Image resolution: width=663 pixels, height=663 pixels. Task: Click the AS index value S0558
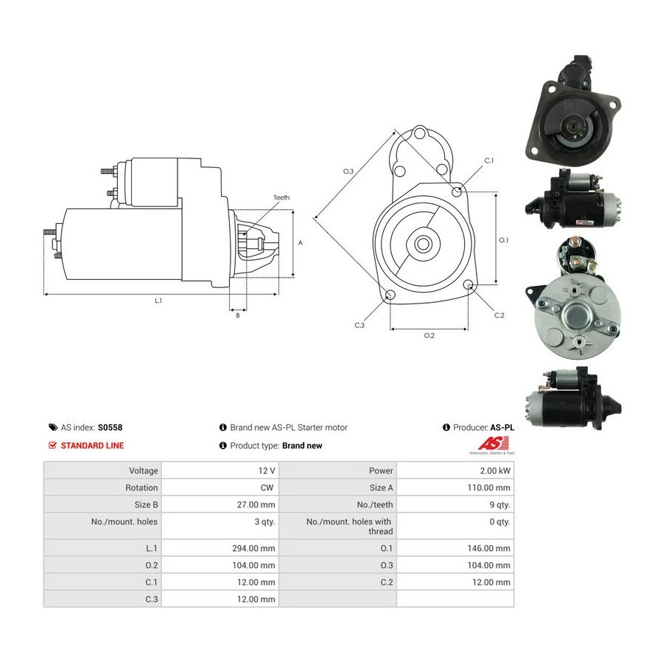(110, 427)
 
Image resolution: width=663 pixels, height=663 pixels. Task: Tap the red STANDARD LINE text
(92, 446)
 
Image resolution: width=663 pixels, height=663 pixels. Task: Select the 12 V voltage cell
(267, 471)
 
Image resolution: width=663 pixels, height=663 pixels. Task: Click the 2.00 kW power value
(495, 471)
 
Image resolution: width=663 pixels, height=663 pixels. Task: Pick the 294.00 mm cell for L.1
(253, 548)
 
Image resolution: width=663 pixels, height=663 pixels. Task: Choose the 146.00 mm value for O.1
(489, 548)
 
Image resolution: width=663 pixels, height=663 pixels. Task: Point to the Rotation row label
(141, 488)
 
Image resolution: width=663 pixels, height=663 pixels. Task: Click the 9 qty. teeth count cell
(499, 505)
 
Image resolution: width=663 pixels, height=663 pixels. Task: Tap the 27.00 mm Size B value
(256, 505)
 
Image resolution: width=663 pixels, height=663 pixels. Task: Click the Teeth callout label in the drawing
(281, 197)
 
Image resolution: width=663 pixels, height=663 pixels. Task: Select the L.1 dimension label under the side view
(158, 301)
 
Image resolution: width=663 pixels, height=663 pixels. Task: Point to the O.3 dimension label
(348, 171)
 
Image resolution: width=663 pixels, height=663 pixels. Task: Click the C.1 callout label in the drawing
(489, 161)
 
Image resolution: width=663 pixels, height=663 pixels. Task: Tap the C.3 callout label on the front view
(359, 325)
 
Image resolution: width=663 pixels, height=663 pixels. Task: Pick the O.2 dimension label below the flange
(429, 335)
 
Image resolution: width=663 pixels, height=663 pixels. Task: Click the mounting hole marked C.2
(468, 284)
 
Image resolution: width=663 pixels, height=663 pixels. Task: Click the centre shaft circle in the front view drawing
(422, 244)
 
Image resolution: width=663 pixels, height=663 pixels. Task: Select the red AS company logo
(493, 443)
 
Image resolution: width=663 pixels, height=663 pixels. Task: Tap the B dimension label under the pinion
(238, 315)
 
